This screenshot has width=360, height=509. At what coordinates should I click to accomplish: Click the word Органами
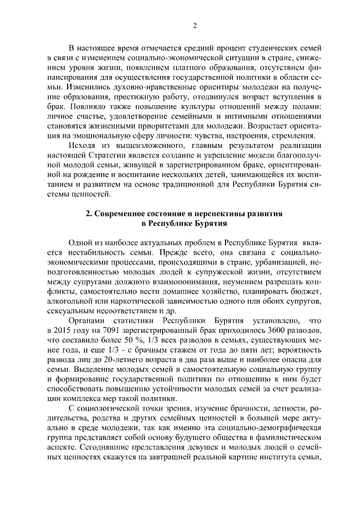[x=86, y=320]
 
